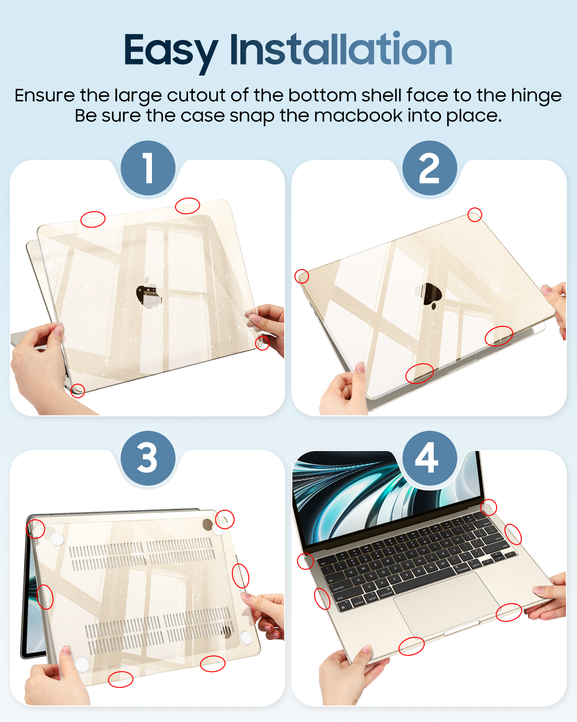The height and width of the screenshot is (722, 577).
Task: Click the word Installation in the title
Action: point(341,48)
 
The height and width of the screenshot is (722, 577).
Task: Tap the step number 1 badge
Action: point(148,168)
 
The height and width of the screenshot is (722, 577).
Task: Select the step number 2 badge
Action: point(429,168)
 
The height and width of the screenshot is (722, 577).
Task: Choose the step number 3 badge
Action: point(148,458)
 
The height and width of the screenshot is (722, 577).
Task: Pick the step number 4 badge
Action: point(429,458)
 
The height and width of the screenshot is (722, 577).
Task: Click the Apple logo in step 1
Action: point(149,293)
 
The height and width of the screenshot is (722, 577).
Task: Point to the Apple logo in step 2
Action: point(430,296)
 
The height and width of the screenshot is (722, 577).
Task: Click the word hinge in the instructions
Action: point(536,96)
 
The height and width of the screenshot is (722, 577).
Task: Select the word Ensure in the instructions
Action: point(45,95)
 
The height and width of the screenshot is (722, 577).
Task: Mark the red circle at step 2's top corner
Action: point(475,215)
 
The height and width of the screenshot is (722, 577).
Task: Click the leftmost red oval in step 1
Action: point(93,219)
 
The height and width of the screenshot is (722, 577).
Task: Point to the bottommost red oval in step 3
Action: point(120,679)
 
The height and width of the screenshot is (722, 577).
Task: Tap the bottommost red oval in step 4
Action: point(412,646)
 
